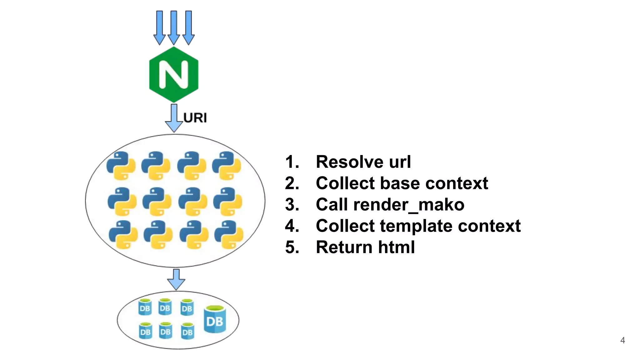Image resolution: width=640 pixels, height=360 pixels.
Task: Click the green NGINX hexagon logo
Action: [x=174, y=74]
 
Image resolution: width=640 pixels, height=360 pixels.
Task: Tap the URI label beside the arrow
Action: [x=195, y=118]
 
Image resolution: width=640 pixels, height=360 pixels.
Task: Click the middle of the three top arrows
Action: [x=174, y=27]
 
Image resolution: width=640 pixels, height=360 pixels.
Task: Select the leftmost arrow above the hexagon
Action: [x=159, y=27]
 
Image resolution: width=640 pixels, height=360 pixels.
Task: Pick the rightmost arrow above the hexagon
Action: [x=188, y=27]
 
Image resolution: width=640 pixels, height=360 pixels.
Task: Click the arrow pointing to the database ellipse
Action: [x=176, y=279]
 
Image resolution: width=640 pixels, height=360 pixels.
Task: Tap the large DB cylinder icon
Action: [x=215, y=319]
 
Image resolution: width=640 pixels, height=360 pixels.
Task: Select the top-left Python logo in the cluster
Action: [x=121, y=166]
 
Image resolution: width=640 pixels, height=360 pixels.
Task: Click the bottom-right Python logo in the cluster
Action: [x=229, y=234]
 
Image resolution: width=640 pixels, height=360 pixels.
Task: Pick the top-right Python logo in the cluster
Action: [x=227, y=166]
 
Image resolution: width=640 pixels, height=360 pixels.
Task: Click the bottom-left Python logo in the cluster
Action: [x=123, y=234]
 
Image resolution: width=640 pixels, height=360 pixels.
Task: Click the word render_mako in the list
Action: [x=409, y=205]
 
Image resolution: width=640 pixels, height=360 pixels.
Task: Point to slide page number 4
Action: [x=622, y=340]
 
